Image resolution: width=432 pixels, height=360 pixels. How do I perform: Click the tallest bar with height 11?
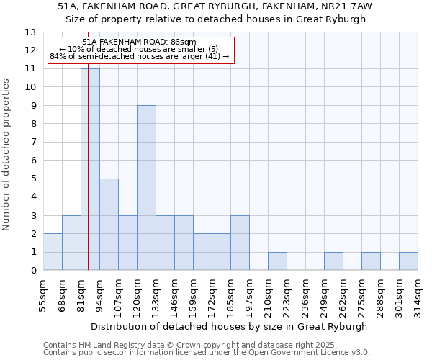[90, 169]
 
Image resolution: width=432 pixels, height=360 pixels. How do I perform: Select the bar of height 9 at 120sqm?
[146, 188]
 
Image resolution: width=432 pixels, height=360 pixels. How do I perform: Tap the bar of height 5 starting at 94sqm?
[109, 225]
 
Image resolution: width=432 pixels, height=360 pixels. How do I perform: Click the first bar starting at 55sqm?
[53, 252]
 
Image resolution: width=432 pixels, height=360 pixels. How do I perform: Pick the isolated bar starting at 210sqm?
[277, 261]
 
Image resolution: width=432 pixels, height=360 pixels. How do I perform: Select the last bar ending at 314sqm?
[408, 261]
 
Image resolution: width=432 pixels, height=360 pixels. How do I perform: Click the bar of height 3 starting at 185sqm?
[240, 243]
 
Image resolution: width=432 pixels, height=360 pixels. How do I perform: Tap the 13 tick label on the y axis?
[30, 32]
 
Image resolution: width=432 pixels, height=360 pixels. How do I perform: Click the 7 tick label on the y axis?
[33, 143]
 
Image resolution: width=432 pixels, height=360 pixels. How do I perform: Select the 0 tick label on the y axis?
[33, 271]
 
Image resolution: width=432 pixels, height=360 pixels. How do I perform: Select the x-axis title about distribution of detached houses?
[230, 326]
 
